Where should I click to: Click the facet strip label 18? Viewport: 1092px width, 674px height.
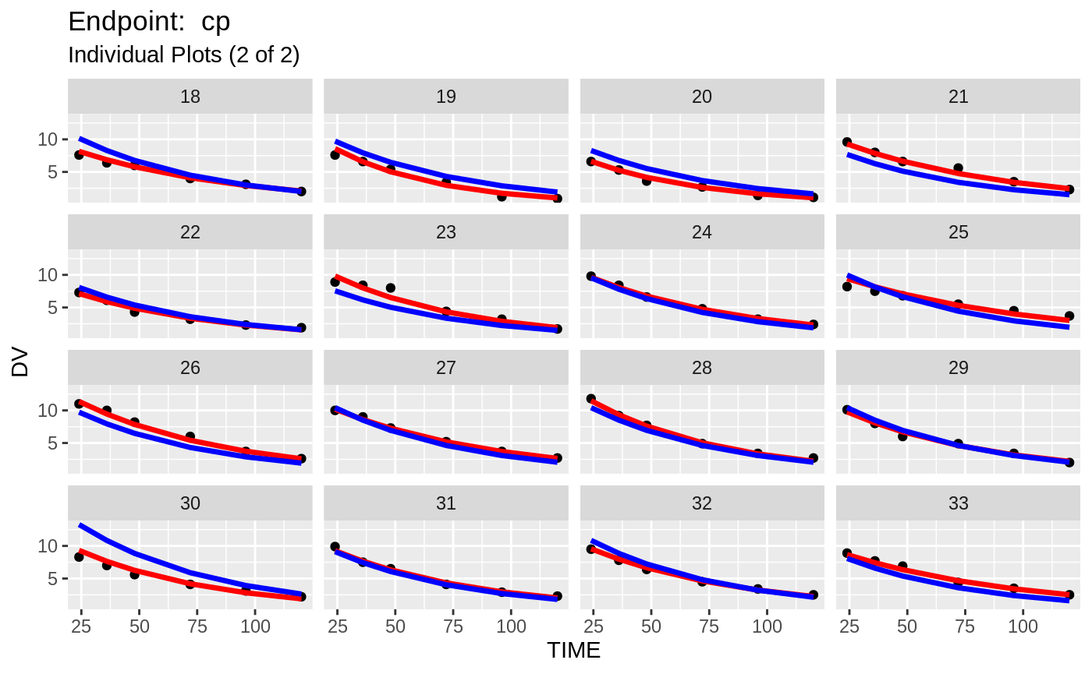pos(190,97)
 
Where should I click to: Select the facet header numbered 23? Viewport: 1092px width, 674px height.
pos(446,232)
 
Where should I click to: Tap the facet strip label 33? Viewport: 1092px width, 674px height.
pos(958,503)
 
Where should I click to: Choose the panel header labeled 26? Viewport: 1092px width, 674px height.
pos(190,368)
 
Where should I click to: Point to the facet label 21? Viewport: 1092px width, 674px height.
pos(958,97)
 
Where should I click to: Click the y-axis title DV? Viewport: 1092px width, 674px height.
pos(21,363)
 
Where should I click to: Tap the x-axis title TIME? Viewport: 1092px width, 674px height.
pos(574,651)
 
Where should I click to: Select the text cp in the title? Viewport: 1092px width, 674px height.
pos(216,22)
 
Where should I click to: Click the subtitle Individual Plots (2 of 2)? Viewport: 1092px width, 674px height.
pos(184,55)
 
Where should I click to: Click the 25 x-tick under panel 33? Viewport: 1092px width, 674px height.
pos(849,626)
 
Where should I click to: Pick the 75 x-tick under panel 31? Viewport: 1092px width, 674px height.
pos(453,626)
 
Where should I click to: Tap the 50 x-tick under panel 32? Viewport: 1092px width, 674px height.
pos(651,626)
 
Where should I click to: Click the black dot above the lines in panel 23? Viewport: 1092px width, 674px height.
pos(391,288)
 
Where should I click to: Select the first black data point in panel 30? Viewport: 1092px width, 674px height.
pos(79,557)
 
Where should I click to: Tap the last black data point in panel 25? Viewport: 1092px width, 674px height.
pos(1069,316)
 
